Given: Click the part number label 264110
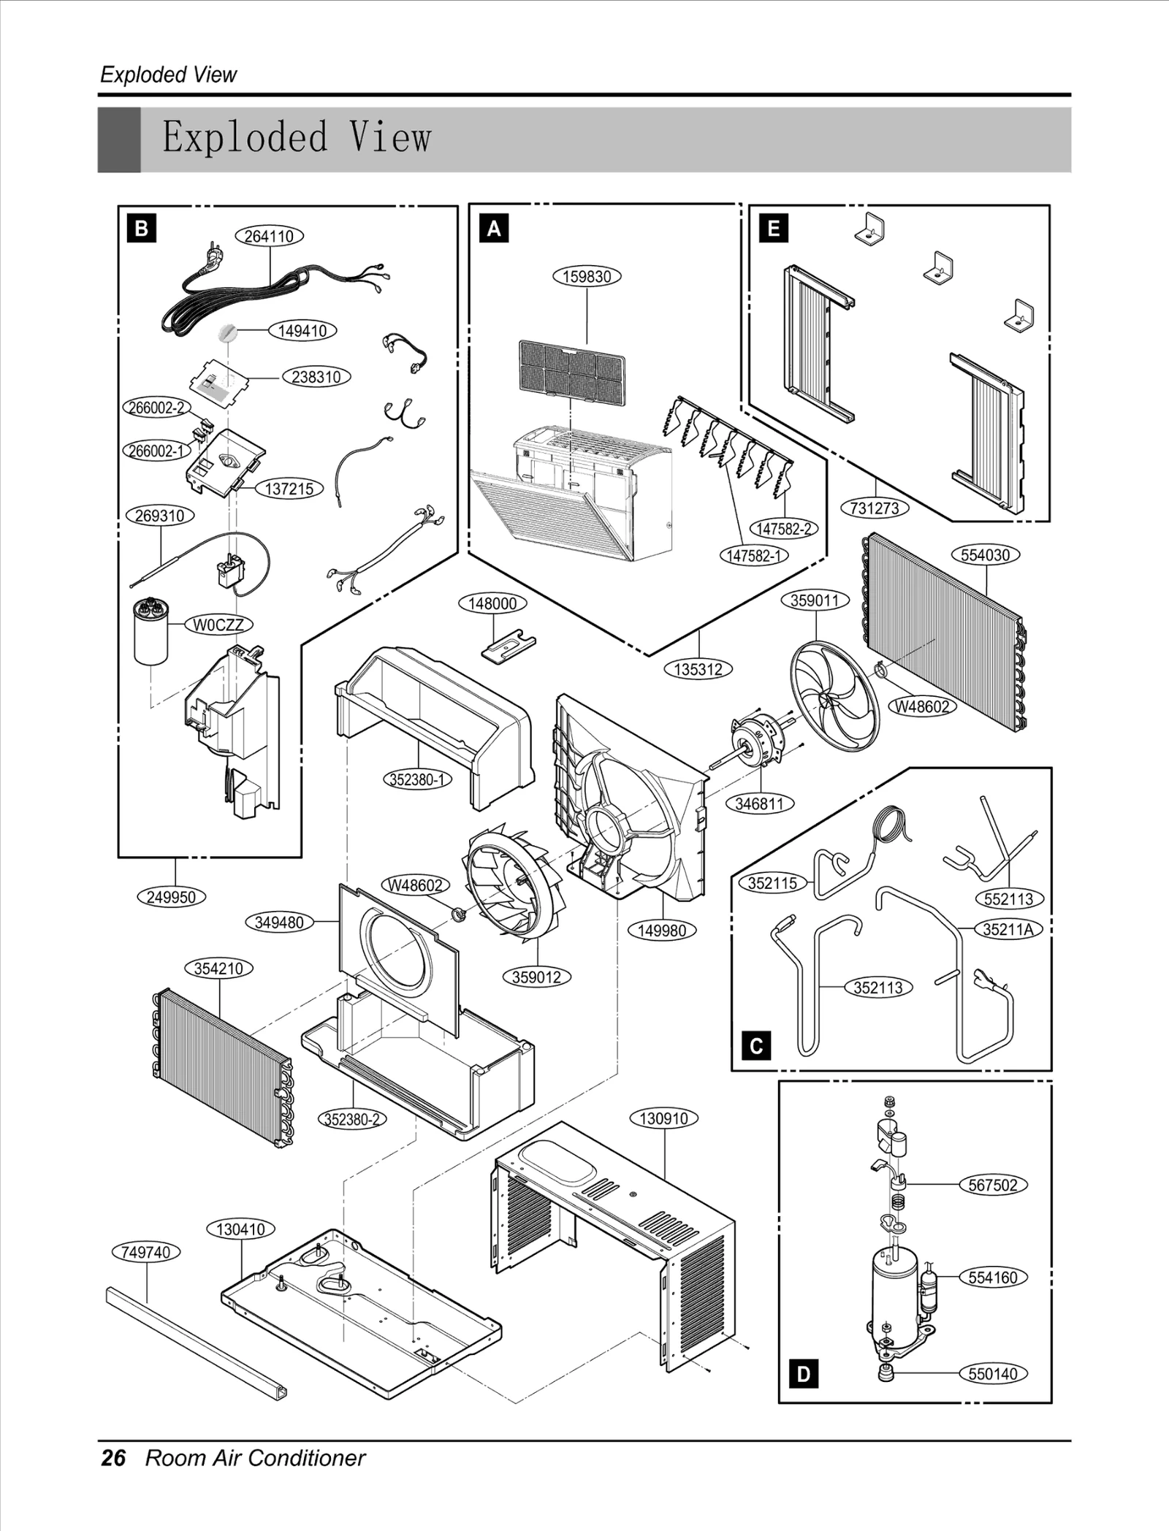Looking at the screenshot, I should coord(269,236).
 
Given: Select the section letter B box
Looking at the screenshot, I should coord(141,229).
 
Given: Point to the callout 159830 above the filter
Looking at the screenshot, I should coord(587,277).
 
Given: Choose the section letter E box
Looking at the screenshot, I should coord(774,229).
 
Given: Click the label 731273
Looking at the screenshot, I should coord(875,508).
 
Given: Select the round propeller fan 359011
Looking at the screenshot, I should coord(834,695).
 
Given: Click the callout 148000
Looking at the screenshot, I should coord(492,603).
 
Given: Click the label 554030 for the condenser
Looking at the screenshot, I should coord(985,554).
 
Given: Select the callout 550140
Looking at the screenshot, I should coord(993,1373).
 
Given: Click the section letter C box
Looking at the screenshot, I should coord(756,1046).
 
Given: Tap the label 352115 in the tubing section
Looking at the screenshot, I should coord(772,883).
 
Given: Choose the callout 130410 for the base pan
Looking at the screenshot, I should coord(240,1229).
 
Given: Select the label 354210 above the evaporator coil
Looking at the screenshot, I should coord(218,969).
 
